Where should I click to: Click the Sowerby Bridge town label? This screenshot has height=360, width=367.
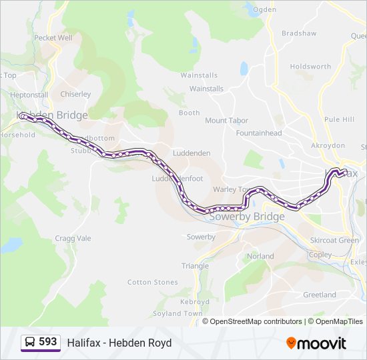[247, 217]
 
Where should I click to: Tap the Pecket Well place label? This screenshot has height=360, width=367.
[53, 38]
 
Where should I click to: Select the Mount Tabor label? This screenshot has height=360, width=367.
[226, 121]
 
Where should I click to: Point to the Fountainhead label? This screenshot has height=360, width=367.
[259, 133]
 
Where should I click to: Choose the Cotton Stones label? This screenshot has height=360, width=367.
[153, 283]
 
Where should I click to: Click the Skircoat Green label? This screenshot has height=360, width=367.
[334, 240]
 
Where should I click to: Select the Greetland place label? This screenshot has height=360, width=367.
[320, 295]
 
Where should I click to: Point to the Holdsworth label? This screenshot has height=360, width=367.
[310, 67]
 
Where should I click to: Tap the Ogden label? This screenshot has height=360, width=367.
[264, 9]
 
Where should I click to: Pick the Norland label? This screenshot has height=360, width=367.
[260, 256]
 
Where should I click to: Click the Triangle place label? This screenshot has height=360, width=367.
[195, 266]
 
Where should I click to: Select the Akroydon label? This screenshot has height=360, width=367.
[328, 145]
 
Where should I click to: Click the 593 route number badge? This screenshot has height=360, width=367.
[41, 342]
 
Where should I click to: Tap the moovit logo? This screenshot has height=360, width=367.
[316, 343]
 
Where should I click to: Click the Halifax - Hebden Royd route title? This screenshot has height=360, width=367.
[119, 343]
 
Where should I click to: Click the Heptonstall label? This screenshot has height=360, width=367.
[29, 95]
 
